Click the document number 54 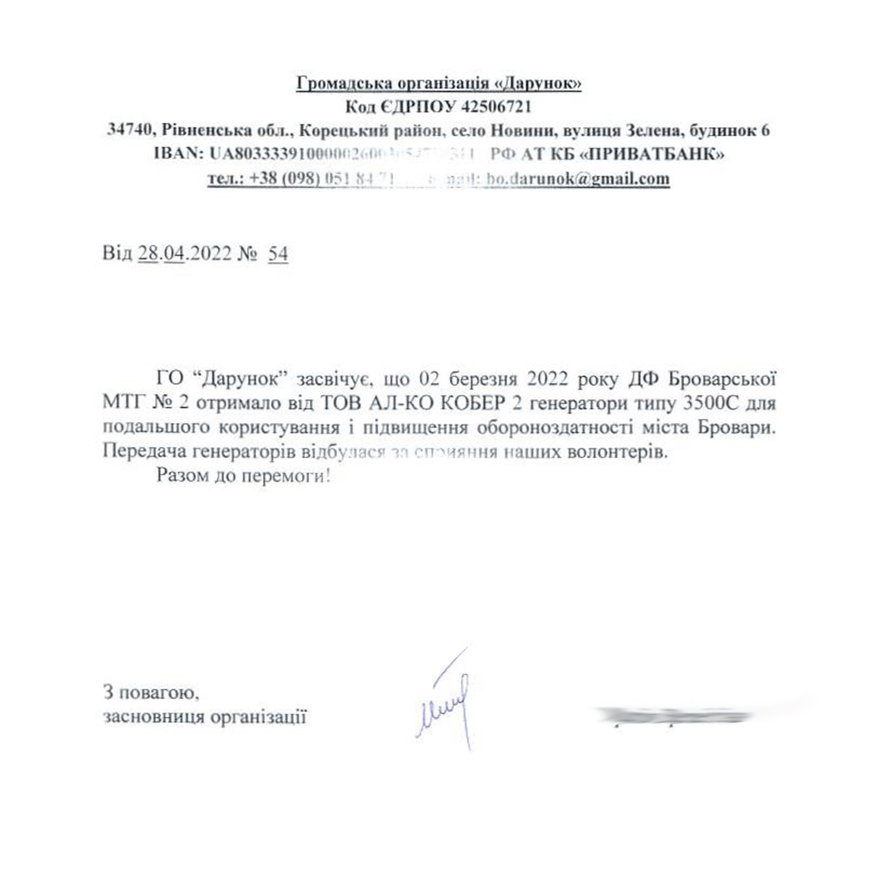click(x=278, y=254)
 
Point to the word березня click(x=481, y=381)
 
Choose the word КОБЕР click(x=475, y=405)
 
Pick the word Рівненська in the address click(x=206, y=130)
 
